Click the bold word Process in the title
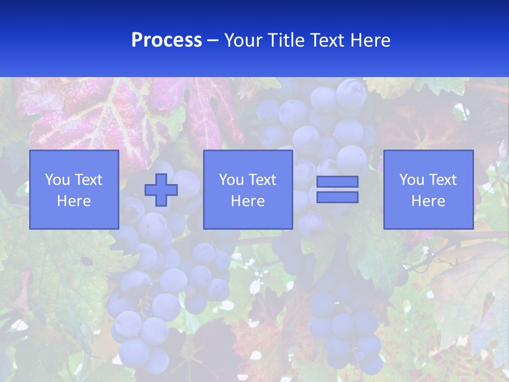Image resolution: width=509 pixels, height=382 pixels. coord(166,40)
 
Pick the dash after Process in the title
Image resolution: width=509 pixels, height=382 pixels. coord(213,41)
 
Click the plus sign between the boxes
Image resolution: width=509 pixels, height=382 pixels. coord(161,190)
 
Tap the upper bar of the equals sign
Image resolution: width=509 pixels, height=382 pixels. coord(337,181)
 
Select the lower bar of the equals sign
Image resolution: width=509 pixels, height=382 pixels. coord(337,197)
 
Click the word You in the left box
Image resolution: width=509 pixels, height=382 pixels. coord(57,180)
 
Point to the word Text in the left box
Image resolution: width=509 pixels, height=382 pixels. coord(88,180)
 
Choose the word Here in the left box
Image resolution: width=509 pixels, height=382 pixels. coord(74,201)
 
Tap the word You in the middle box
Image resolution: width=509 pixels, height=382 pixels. coord(231,180)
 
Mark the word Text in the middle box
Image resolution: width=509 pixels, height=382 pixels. coord(262,180)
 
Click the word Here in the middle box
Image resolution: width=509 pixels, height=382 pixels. coord(248,201)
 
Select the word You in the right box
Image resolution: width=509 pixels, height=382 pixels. coord(411,180)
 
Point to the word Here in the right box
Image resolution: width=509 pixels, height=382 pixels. coord(428,201)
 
